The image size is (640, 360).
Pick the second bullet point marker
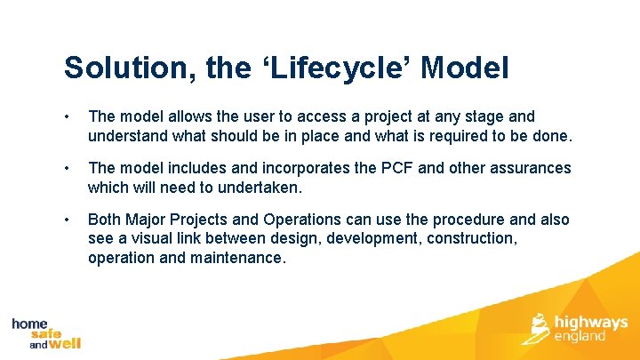click(x=68, y=169)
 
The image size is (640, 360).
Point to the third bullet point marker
click(x=68, y=220)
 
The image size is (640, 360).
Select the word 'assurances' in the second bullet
click(x=531, y=168)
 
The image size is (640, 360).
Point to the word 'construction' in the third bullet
click(x=472, y=238)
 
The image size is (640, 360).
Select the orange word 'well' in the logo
click(x=64, y=343)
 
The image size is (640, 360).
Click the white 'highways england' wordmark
click(x=590, y=329)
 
